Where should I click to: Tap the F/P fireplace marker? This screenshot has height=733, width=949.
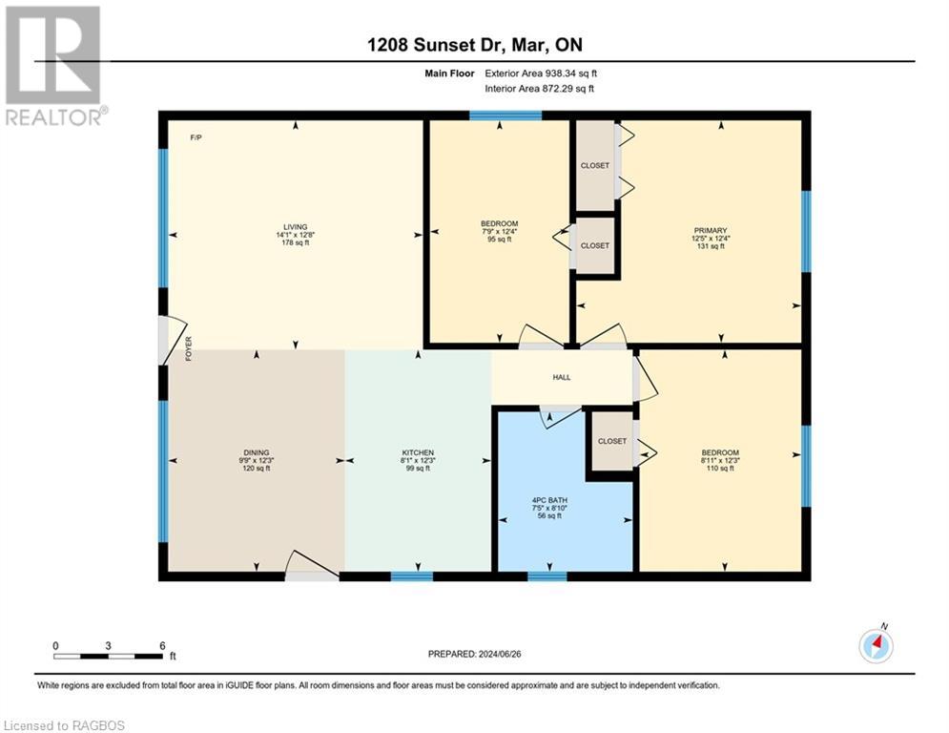coord(196,138)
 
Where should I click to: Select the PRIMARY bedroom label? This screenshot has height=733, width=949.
coord(711,230)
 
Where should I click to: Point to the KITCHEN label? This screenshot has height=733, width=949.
coord(418,452)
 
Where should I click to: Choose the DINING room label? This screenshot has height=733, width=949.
coord(256,452)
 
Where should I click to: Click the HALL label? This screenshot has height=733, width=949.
coord(562,377)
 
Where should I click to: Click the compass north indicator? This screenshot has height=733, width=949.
coord(876,645)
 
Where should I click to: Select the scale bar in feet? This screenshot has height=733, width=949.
coord(108,656)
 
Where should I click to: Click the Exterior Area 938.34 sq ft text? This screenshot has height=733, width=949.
coord(540,73)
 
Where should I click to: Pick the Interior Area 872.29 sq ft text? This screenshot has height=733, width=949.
coord(539,89)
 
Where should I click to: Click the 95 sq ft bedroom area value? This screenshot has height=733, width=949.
coord(499,240)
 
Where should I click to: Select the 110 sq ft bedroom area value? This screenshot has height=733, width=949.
coord(719,468)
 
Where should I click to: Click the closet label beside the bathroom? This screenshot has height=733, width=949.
coord(611,441)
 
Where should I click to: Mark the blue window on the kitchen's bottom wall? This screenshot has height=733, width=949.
coord(412,576)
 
